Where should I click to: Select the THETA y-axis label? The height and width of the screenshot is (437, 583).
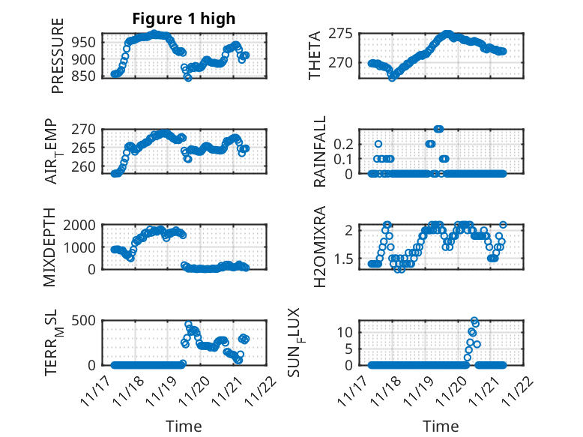[315, 54]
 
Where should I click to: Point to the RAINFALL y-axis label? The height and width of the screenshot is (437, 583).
[320, 151]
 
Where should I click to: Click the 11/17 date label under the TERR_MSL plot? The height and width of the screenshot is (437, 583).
[95, 389]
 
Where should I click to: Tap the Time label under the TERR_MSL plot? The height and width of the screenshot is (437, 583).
[184, 427]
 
